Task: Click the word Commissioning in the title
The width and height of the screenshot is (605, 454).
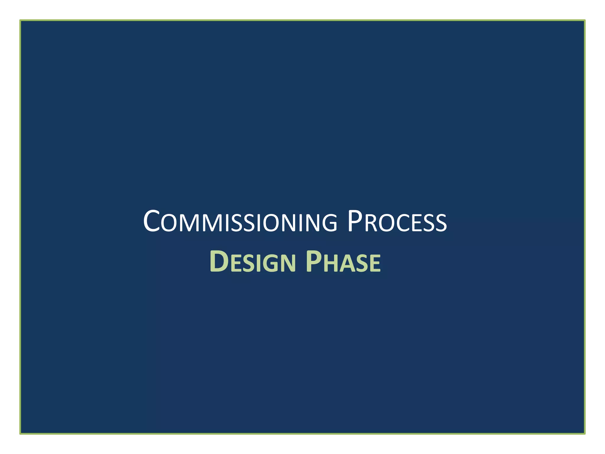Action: click(x=240, y=222)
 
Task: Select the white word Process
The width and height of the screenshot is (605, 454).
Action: click(x=397, y=222)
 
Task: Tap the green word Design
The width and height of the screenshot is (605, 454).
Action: click(x=253, y=262)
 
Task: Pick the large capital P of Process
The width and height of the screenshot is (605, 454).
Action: click(x=355, y=221)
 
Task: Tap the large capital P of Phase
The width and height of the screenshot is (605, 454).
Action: click(x=313, y=261)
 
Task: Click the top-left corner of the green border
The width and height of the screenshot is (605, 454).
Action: click(x=20, y=20)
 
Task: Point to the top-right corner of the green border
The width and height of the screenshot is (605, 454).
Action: click(x=585, y=20)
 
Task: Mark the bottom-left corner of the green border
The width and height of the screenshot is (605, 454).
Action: click(x=20, y=434)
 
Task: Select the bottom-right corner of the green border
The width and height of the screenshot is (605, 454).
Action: click(x=585, y=434)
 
